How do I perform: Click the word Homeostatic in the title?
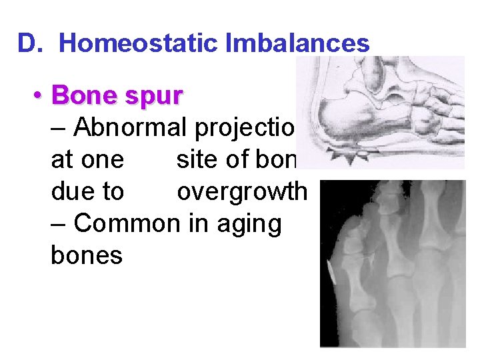(x=138, y=44)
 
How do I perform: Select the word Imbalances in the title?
(x=297, y=44)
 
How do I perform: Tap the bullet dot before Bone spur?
(x=40, y=97)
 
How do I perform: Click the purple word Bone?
(x=83, y=96)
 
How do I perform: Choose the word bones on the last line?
(x=86, y=255)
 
